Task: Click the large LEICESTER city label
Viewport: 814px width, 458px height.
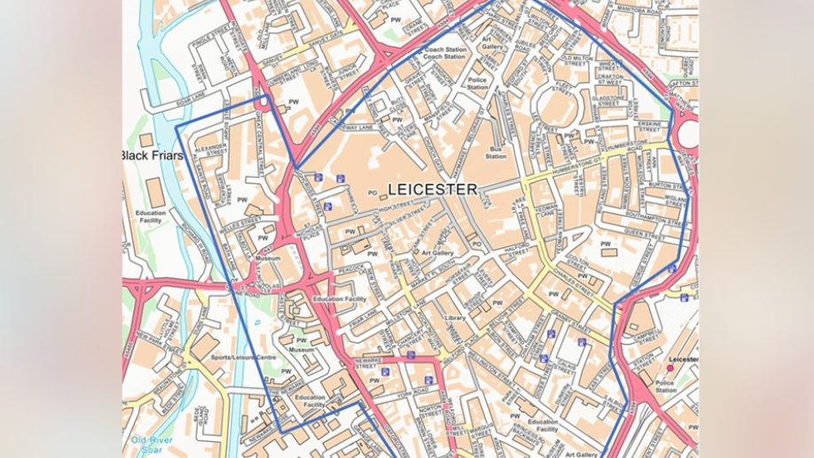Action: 432,189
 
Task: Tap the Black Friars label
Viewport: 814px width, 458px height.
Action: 153,156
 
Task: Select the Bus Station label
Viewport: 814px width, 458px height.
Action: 496,152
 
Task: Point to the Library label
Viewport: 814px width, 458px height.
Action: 455,317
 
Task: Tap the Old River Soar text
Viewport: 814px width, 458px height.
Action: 152,444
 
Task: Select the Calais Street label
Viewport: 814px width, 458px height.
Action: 565,369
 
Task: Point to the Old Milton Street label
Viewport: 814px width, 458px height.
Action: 576,61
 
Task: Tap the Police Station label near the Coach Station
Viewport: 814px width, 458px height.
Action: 477,83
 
